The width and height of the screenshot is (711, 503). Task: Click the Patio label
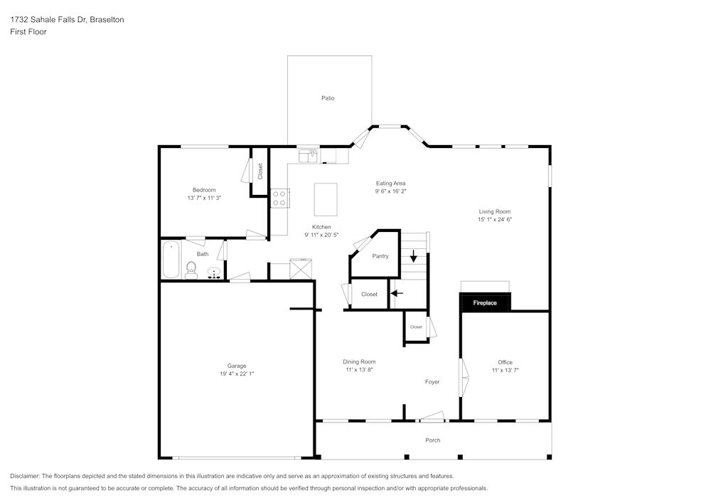point(328,98)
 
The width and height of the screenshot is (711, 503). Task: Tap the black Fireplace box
point(485,303)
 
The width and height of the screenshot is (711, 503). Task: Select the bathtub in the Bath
point(171,261)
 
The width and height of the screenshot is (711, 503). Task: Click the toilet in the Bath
point(191,270)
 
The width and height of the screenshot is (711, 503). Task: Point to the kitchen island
point(326,199)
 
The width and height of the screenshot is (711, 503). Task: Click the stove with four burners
point(279,198)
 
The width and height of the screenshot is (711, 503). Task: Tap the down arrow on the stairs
point(413,255)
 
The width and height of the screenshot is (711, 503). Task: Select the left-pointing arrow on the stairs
point(396,292)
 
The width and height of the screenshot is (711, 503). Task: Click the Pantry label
point(380,256)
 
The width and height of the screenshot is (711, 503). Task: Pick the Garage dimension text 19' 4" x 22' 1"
point(237,374)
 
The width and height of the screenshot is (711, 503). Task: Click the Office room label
point(505,362)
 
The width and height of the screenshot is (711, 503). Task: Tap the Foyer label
point(432,382)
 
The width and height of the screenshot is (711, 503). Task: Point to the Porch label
point(432,440)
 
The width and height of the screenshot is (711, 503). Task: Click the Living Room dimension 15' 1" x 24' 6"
point(494,220)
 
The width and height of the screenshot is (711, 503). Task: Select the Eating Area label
point(390,184)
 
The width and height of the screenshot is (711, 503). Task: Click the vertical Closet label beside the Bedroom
point(260,171)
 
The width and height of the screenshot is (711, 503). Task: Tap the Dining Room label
point(359,361)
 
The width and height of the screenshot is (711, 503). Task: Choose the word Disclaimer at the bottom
point(25,476)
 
